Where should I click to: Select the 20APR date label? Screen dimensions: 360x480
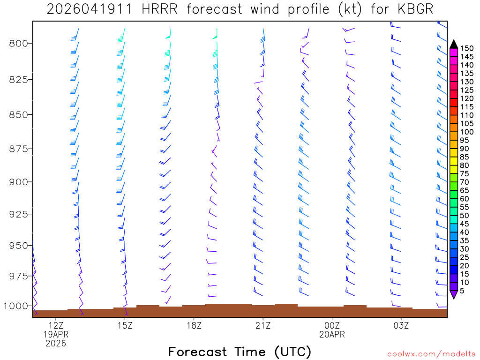pos(332,334)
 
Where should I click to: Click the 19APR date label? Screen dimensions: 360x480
pos(56,334)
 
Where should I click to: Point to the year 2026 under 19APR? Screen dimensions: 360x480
pos(56,344)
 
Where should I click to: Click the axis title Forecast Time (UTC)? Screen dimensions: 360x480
pos(240,352)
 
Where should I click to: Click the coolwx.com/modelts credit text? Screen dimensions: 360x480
pos(431,354)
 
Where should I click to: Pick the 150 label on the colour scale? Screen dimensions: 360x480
pos(467,48)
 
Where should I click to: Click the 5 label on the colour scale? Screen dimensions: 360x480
pos(462,291)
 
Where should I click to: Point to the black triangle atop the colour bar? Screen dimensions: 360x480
pos(454,44)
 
